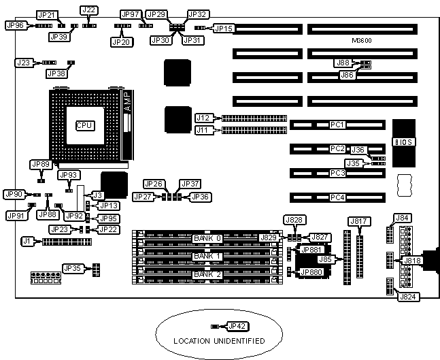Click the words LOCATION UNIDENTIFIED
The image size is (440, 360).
218,340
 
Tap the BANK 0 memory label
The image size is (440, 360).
207,238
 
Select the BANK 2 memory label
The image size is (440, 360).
207,274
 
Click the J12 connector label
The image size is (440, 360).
203,118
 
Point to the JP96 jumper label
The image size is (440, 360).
15,25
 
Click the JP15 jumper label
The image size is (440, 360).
224,29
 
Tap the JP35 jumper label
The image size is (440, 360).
72,268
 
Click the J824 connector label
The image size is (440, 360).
407,297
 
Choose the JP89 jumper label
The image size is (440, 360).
40,165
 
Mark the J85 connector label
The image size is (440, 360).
326,259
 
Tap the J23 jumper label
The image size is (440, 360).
23,63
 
